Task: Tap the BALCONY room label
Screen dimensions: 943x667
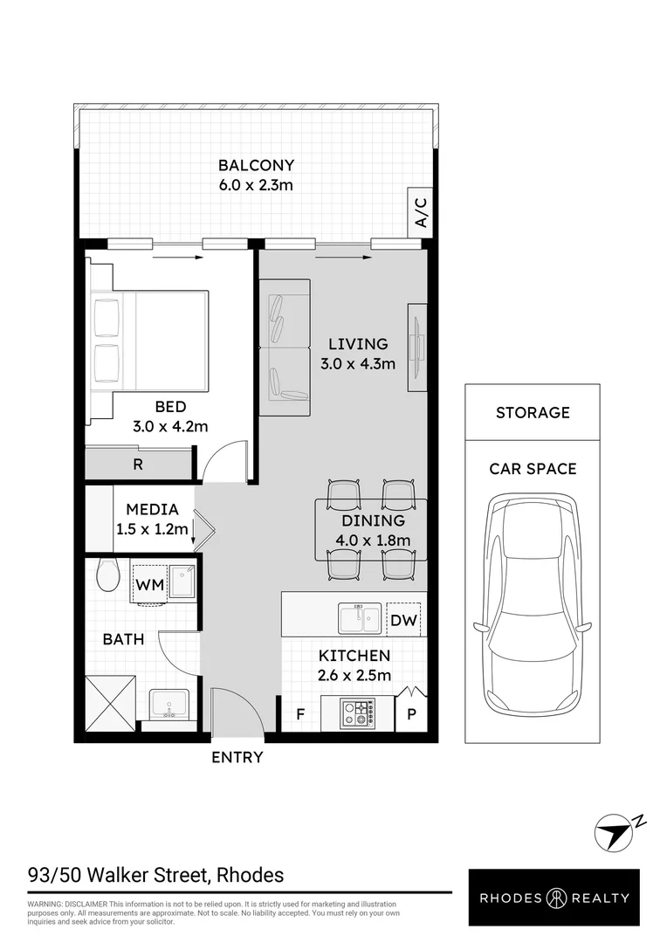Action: click(x=256, y=165)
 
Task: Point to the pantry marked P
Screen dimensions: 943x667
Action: click(x=411, y=713)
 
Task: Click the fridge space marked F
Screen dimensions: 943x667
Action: click(x=299, y=713)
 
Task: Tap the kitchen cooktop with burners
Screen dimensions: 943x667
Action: click(x=359, y=713)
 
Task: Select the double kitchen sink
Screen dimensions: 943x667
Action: click(x=360, y=619)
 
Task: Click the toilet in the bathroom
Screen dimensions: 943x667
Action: click(x=107, y=574)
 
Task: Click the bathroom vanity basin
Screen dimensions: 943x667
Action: click(x=168, y=704)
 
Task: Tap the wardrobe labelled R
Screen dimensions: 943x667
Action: click(x=138, y=465)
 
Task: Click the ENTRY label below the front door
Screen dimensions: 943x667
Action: click(x=237, y=757)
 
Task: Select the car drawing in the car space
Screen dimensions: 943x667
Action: click(x=532, y=603)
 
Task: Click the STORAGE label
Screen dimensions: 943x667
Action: click(x=533, y=412)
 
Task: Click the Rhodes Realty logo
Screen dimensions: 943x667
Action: click(x=554, y=898)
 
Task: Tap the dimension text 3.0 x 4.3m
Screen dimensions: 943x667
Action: click(x=356, y=363)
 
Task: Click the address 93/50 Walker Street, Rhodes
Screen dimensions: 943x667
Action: click(x=156, y=874)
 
